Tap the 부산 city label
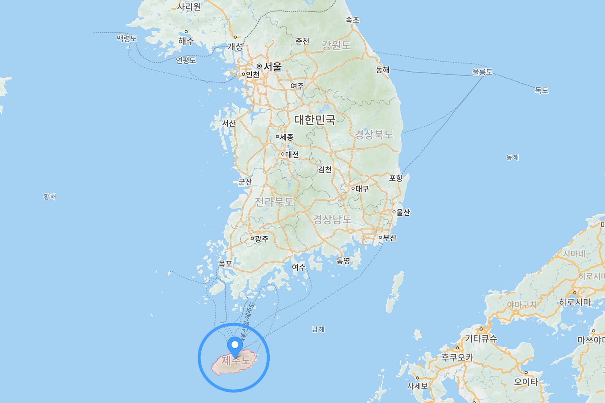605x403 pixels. click(x=389, y=238)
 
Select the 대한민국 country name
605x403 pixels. click(x=315, y=119)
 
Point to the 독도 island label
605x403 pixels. click(x=542, y=90)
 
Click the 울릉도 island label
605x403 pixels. click(x=482, y=72)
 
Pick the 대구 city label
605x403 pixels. click(x=362, y=188)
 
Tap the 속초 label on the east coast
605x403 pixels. click(x=353, y=20)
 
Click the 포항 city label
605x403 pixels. click(x=396, y=178)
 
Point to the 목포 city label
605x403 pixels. click(x=225, y=264)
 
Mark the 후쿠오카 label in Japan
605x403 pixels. click(x=457, y=357)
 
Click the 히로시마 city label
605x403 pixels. click(x=575, y=302)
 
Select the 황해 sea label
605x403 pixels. click(x=50, y=197)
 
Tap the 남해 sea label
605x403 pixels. click(x=318, y=329)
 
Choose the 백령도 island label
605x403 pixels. click(x=127, y=38)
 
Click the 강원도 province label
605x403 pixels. click(x=336, y=46)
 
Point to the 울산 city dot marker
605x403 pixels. click(x=394, y=212)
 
